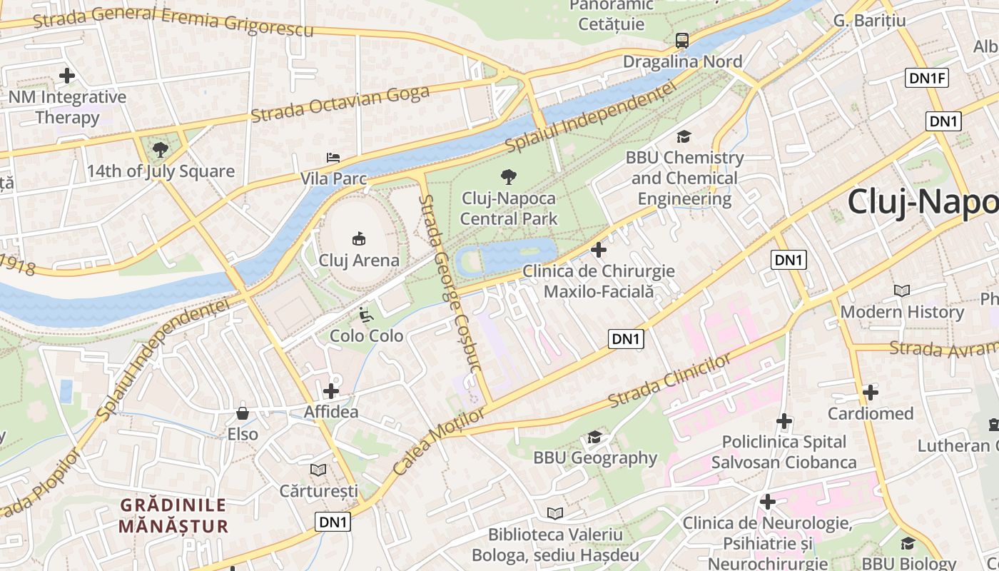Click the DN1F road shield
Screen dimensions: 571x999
click(x=927, y=78)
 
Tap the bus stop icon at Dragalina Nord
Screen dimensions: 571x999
click(x=682, y=41)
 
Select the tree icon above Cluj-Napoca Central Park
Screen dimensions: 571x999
click(x=508, y=176)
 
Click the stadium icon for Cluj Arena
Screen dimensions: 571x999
click(x=359, y=239)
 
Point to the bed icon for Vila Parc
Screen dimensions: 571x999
click(x=333, y=157)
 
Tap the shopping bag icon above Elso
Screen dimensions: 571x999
click(x=243, y=413)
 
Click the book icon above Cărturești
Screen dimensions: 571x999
click(x=318, y=470)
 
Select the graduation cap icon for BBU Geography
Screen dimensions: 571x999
click(x=594, y=437)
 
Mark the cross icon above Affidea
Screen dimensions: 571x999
click(x=331, y=391)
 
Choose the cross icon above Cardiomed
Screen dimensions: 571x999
click(x=870, y=392)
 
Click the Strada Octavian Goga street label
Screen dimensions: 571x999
click(x=340, y=104)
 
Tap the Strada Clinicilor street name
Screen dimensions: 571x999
click(x=669, y=383)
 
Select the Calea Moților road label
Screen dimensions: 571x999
click(x=439, y=441)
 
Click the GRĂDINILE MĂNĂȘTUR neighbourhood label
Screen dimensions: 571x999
click(x=173, y=516)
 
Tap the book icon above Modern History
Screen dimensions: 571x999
click(x=902, y=290)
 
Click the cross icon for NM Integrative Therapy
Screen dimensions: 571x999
click(x=67, y=75)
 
